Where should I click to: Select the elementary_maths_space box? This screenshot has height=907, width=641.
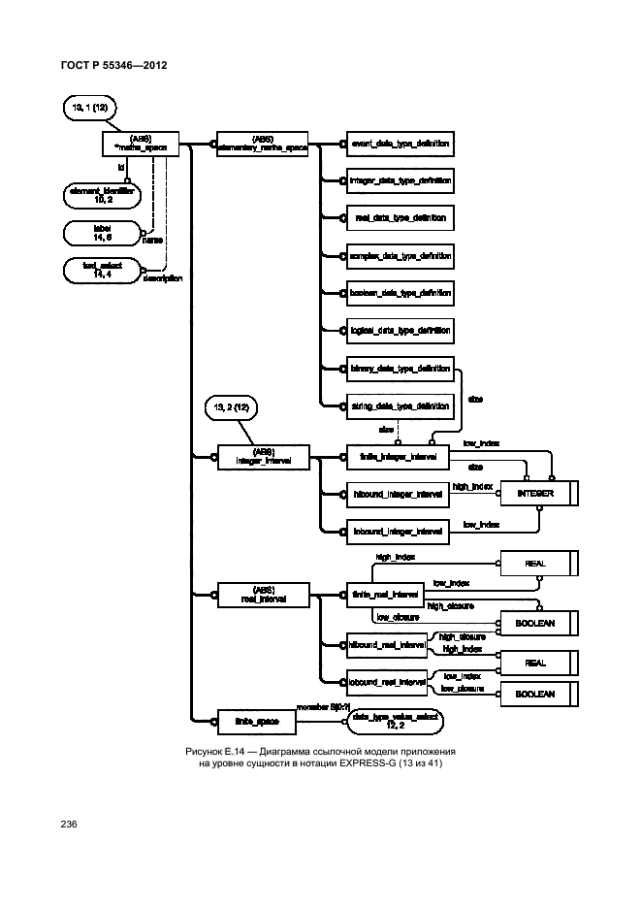[x=259, y=144]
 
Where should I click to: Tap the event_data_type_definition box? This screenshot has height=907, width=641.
[x=400, y=144]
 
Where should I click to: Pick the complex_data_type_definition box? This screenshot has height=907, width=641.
[x=400, y=256]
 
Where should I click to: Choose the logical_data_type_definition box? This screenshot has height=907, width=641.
[x=400, y=331]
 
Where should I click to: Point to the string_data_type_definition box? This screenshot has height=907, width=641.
[x=400, y=405]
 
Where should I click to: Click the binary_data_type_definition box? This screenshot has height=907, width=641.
[x=400, y=369]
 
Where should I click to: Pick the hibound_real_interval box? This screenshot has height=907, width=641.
[x=387, y=644]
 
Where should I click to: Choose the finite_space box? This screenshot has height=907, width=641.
[x=248, y=720]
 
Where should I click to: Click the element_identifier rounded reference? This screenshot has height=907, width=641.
[x=99, y=195]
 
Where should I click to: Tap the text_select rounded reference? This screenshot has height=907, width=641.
[x=99, y=270]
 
